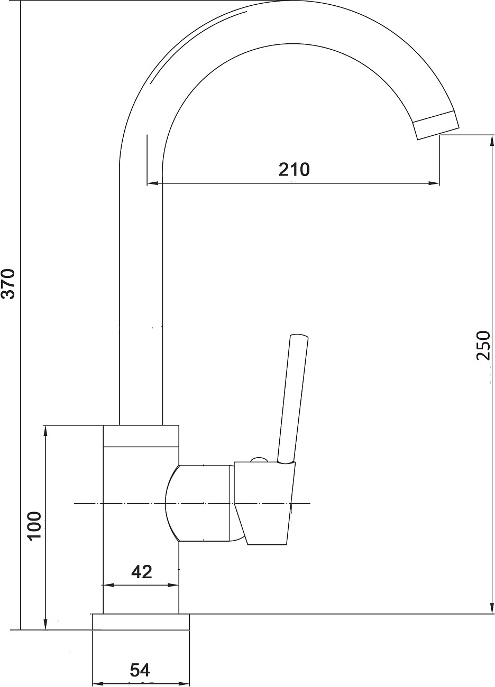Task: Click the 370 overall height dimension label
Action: tap(9, 284)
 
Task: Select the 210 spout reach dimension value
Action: tap(294, 170)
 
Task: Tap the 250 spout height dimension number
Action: tap(483, 346)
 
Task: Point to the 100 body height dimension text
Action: tap(34, 525)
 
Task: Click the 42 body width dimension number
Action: tap(141, 571)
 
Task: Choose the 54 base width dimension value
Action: tap(140, 670)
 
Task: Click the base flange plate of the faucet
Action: tap(141, 622)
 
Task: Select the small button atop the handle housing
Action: tap(259, 459)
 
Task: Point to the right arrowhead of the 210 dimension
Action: tap(435, 183)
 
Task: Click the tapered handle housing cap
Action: tap(264, 502)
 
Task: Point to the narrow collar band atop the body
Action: tap(141, 436)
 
